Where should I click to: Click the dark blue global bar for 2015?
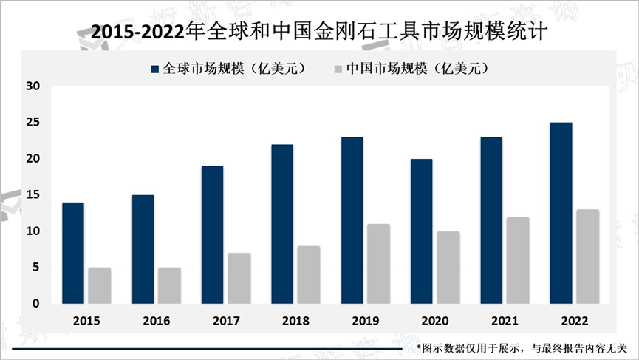(72, 253)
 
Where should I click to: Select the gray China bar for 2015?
(99, 285)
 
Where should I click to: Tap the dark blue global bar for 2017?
(212, 234)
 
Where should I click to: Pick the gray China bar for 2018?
(308, 274)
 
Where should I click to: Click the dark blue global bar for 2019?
(352, 220)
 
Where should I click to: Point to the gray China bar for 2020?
(448, 267)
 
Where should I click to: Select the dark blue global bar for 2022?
(561, 213)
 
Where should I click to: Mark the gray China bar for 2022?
(587, 257)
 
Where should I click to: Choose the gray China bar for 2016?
(169, 285)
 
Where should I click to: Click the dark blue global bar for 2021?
(491, 220)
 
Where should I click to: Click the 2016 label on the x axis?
(157, 322)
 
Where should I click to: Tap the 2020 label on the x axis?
(435, 322)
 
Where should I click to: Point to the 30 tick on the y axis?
(32, 86)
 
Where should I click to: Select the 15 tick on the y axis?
(32, 195)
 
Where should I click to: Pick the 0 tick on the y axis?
(35, 304)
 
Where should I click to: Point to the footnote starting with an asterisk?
(522, 347)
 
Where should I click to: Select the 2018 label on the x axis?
(295, 322)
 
